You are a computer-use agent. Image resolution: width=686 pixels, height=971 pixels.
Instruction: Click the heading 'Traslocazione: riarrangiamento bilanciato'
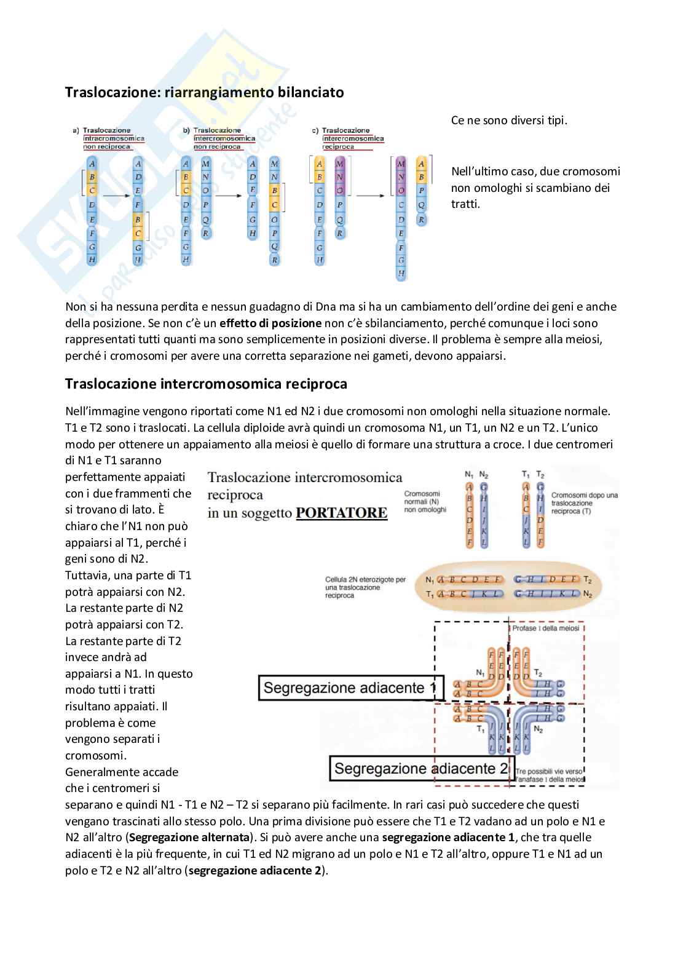205,92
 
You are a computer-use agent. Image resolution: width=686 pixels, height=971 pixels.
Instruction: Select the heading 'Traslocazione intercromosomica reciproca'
206,384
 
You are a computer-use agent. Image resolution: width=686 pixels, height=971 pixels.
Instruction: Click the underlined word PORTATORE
341,513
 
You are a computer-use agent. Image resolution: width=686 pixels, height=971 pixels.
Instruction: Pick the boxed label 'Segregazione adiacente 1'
350,688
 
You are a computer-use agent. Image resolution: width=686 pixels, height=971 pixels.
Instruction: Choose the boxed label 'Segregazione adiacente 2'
421,769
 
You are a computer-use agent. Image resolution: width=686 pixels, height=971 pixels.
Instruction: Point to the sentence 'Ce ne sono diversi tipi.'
509,121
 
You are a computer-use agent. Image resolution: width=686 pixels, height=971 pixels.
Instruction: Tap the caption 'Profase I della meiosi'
546,628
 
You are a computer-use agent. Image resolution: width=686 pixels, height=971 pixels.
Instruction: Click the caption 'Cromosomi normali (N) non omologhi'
425,502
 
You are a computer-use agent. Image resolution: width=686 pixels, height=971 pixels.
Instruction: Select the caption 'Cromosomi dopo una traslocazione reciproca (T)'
584,502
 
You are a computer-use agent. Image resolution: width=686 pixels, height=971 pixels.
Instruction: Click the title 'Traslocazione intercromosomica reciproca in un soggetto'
305,494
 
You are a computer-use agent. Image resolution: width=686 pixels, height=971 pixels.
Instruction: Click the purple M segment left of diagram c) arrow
340,164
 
